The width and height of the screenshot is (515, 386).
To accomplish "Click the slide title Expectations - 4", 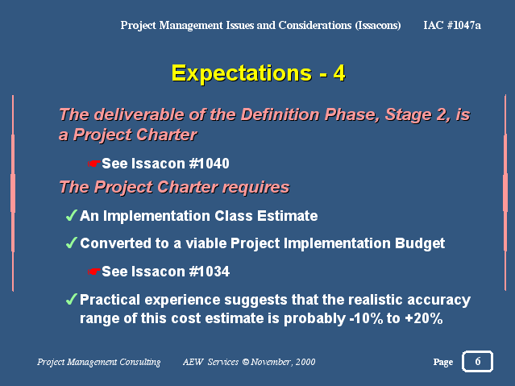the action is pos(258,73).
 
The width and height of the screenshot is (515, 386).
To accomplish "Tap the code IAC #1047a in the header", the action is pos(452,25).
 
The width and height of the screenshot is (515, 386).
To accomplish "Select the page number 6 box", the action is pos(477,361).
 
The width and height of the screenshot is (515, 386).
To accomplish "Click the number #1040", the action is pos(210,164).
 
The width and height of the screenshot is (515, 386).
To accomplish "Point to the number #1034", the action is pos(210,272).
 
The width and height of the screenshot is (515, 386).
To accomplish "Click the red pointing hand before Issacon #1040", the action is pos(94,164).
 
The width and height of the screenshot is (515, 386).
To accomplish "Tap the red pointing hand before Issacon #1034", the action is pos(94,272).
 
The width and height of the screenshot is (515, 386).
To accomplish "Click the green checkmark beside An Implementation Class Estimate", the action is pos(71,215).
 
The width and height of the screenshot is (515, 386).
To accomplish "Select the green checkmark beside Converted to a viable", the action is pos(71,243).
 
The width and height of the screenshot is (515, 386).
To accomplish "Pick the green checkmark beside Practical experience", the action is pos(71,299).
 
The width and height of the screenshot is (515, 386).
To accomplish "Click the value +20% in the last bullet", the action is pos(424,318).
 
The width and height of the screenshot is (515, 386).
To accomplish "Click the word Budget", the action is pos(420,243).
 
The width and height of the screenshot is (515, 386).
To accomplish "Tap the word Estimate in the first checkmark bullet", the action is pos(287,216).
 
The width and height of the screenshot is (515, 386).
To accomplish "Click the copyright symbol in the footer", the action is pos(246,362).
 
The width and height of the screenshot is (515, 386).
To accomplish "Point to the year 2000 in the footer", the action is pos(305,362).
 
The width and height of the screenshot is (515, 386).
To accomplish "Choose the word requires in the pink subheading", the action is pos(255,187).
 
